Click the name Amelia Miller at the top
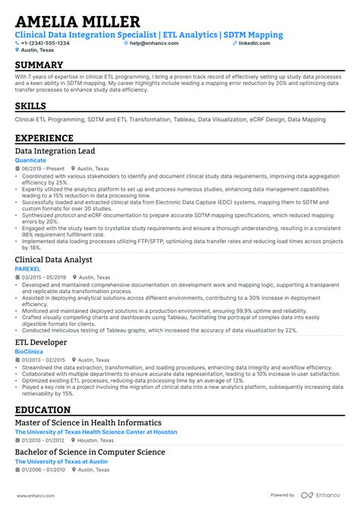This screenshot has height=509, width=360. [77, 22]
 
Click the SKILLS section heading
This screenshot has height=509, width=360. [30, 106]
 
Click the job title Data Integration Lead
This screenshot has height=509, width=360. [55, 151]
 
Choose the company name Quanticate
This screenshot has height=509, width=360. [30, 160]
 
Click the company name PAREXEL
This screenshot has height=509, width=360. [28, 270]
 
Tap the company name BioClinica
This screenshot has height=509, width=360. [29, 353]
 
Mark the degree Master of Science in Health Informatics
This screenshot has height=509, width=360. [88, 422]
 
